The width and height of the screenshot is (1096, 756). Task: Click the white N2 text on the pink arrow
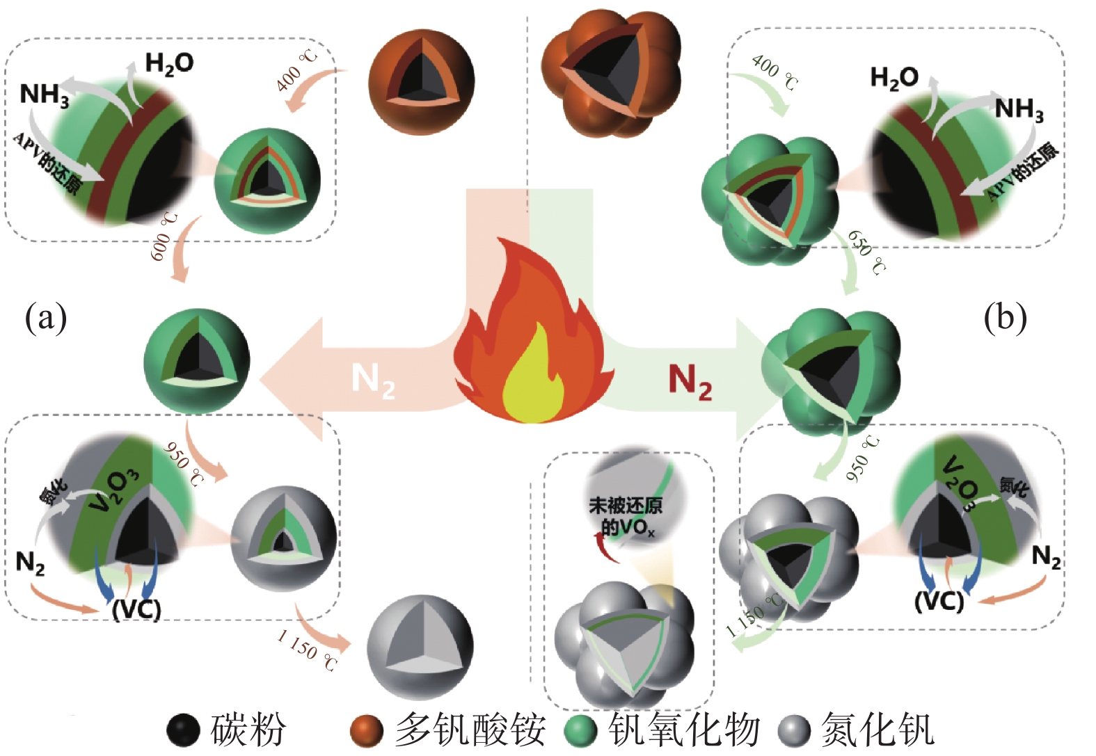point(373,380)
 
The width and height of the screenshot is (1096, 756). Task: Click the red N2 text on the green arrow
point(690,381)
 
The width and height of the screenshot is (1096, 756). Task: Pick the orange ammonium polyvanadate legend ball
point(367,730)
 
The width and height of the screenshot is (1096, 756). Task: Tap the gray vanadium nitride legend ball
point(794,730)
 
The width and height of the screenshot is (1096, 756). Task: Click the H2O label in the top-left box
point(169,63)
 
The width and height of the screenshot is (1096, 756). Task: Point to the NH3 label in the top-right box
point(1019,109)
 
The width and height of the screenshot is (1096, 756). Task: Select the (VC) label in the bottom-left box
point(136,609)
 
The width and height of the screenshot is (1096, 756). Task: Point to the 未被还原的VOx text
point(626,516)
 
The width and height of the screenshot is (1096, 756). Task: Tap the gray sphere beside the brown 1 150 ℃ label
point(420,645)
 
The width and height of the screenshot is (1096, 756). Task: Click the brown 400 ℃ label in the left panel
point(296,70)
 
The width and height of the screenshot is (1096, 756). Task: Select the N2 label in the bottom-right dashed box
point(1046,556)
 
